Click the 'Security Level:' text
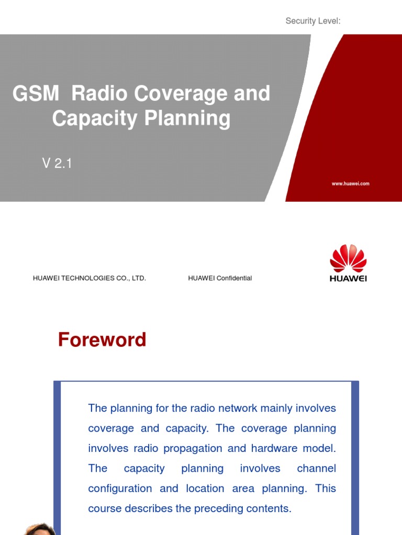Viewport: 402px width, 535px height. coord(313,21)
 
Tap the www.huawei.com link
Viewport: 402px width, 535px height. coord(350,184)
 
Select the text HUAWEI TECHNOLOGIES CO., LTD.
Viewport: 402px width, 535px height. coord(89,278)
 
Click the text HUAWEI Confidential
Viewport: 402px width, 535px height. coord(220,278)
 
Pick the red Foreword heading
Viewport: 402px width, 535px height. coord(102,340)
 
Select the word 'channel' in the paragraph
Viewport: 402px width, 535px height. coord(316,468)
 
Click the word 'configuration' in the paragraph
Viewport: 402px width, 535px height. coord(120,489)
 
